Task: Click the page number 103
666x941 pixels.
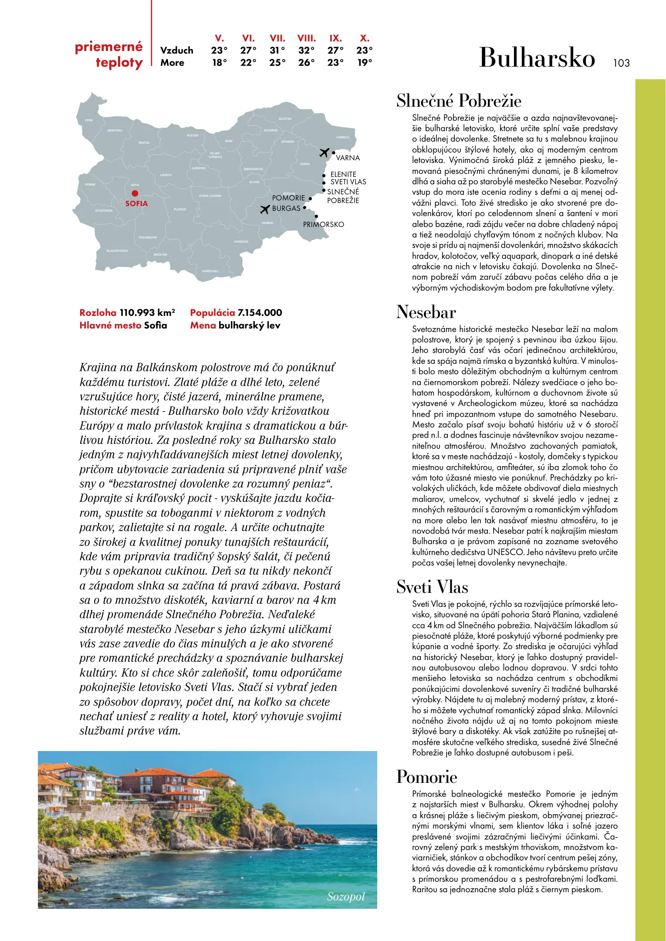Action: point(621,63)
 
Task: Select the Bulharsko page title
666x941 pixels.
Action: point(537,58)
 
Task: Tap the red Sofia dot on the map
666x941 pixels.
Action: point(135,193)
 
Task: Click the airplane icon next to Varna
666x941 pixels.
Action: point(324,152)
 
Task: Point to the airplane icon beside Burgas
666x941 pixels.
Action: point(265,210)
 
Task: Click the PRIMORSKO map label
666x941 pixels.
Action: point(323,225)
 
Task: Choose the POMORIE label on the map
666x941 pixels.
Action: point(288,198)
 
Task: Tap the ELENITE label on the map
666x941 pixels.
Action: point(343,174)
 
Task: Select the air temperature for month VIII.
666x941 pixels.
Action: point(306,51)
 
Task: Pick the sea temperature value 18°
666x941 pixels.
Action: point(220,63)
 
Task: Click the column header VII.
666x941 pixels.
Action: point(277,38)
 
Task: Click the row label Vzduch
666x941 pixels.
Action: point(176,51)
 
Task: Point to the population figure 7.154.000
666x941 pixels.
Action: point(260,313)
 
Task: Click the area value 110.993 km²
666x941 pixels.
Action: point(147,313)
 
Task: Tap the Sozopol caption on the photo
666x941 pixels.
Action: point(346,897)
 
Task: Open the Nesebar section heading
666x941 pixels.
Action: point(426,312)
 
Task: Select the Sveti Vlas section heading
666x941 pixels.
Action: point(432,587)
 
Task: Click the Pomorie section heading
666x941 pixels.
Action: point(426,777)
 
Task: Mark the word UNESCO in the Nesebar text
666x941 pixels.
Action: point(505,552)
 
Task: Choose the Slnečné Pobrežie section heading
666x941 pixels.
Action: point(459,101)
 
